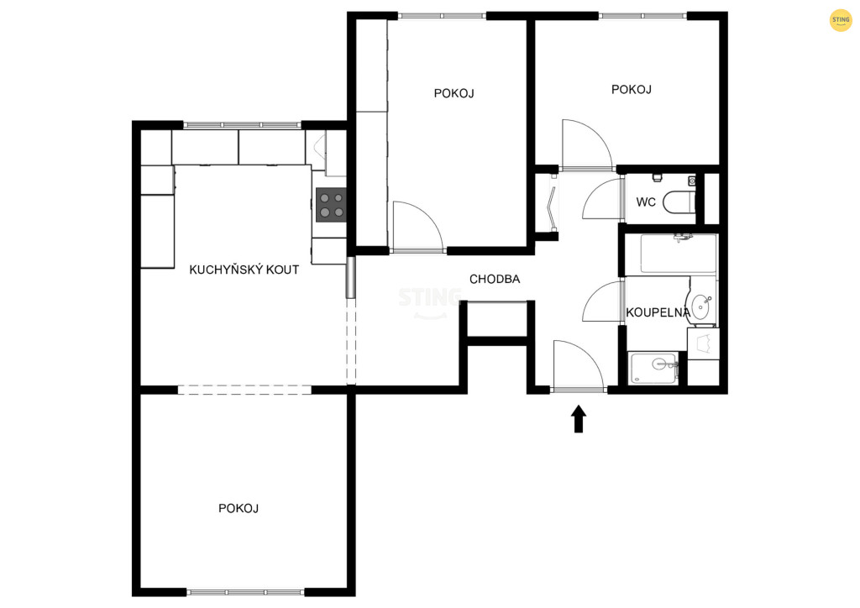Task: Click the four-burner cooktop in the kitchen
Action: coord(331,205)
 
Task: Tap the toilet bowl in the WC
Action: coord(679,202)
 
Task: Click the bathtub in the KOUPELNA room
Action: coord(679,254)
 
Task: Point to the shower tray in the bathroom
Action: coord(653,367)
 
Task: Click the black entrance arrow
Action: coord(579,419)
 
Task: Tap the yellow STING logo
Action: coord(840,20)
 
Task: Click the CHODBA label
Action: coord(495,279)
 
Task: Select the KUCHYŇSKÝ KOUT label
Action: coord(244,270)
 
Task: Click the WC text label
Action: coord(646,202)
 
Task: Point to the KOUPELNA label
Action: coord(658,312)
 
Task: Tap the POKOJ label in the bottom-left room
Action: coord(239,508)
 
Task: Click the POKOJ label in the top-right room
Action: coord(632,89)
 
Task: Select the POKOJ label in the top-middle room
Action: coord(454,93)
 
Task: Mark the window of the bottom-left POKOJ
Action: coord(245,592)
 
